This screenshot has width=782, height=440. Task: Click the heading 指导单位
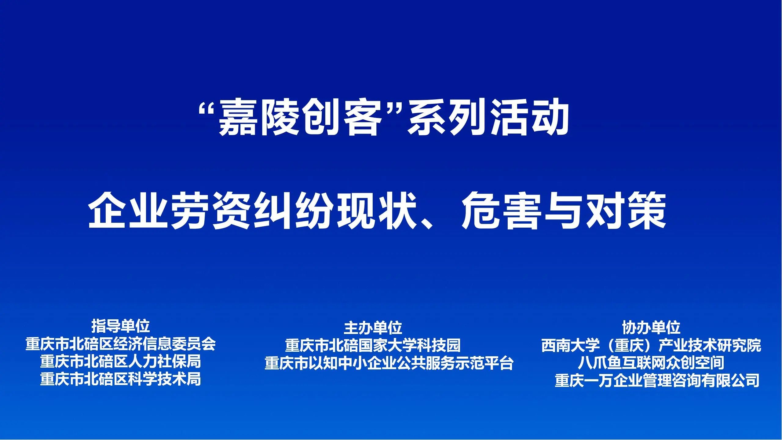[x=121, y=326]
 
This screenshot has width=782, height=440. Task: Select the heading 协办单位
[x=651, y=328]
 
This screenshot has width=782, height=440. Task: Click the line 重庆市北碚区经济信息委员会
[x=121, y=344]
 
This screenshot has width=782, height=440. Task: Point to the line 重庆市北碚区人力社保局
[x=121, y=362]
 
